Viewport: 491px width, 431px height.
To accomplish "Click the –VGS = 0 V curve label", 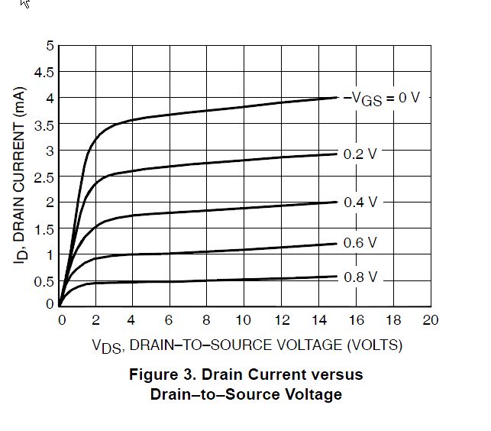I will point(383,98).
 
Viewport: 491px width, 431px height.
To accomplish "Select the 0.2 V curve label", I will point(360,154).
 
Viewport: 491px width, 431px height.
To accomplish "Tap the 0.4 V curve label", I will point(360,202).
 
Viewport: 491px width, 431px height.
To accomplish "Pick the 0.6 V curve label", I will point(360,243).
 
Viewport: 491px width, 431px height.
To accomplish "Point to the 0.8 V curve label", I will point(360,277).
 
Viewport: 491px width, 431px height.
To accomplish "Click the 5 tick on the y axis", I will point(50,46).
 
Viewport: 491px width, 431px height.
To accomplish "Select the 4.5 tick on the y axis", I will point(45,73).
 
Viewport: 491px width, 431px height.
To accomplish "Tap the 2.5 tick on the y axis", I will point(45,177).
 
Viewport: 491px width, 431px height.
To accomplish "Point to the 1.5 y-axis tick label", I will point(45,229).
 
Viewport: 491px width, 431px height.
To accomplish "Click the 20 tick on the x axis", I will point(431,319).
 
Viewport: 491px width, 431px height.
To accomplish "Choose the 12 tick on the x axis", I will point(282,319).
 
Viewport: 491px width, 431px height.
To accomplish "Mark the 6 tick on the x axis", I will point(170,319).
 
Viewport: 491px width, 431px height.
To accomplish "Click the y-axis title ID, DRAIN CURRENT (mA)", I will point(21,177).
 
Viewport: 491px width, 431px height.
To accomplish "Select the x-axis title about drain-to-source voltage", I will point(247,345).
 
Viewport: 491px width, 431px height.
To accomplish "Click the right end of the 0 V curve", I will point(337,97).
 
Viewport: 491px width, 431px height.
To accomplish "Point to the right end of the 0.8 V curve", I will point(337,277).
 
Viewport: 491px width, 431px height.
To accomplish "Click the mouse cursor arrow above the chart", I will point(25,3).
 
